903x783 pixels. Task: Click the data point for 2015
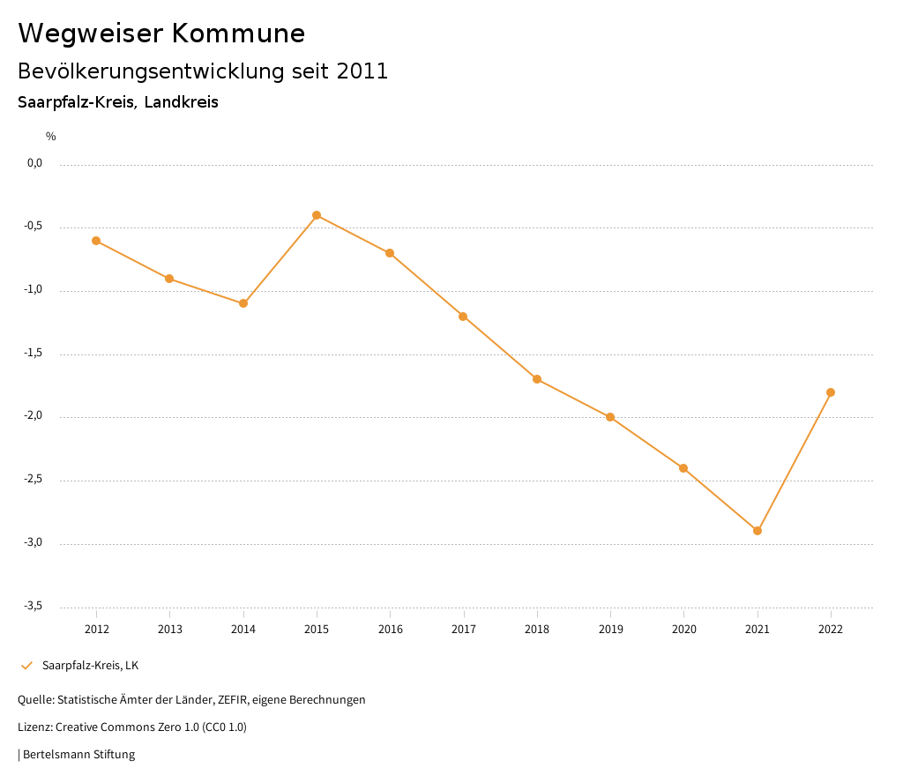tap(317, 215)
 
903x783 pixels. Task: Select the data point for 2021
tap(757, 531)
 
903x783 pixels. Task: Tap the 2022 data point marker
tap(831, 392)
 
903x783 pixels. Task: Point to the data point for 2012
tap(96, 241)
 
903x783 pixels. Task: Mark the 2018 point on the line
tap(537, 379)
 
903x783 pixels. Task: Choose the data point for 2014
tap(243, 303)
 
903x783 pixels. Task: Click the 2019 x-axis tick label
tap(610, 629)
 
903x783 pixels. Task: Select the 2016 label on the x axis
tap(390, 629)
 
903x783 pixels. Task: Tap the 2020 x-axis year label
tap(683, 629)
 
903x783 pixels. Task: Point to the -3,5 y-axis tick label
tap(34, 606)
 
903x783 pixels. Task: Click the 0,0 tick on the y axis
tap(34, 163)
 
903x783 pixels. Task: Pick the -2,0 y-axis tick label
tap(34, 416)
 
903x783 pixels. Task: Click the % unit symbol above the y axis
tap(51, 136)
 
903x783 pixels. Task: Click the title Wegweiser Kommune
tap(161, 34)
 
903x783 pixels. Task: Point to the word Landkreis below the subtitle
tap(181, 102)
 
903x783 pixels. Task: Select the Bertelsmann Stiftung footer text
tap(78, 755)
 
